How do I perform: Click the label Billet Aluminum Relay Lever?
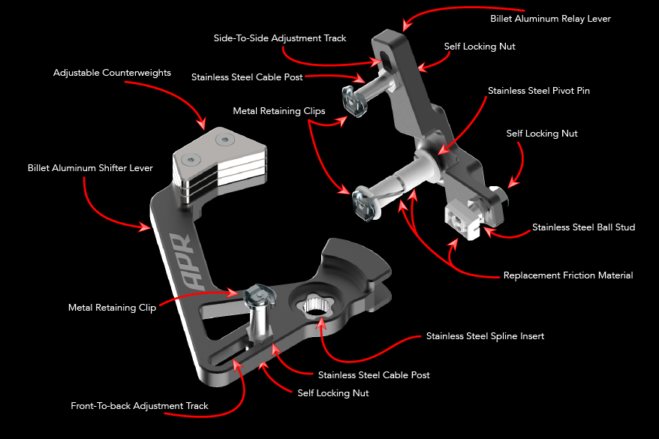pyautogui.click(x=550, y=19)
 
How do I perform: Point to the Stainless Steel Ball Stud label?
pyautogui.click(x=583, y=227)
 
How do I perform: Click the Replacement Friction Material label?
pyautogui.click(x=567, y=275)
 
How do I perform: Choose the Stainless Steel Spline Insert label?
pyautogui.click(x=485, y=336)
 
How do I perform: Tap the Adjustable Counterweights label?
pyautogui.click(x=112, y=74)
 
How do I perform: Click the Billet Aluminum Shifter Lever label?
pyautogui.click(x=90, y=168)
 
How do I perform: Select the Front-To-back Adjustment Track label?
pyautogui.click(x=139, y=406)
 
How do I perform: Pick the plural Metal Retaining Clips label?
pyautogui.click(x=278, y=110)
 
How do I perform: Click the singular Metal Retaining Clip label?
pyautogui.click(x=112, y=308)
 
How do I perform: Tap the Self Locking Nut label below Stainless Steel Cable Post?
pyautogui.click(x=333, y=392)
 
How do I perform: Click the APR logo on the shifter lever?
pyautogui.click(x=180, y=259)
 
